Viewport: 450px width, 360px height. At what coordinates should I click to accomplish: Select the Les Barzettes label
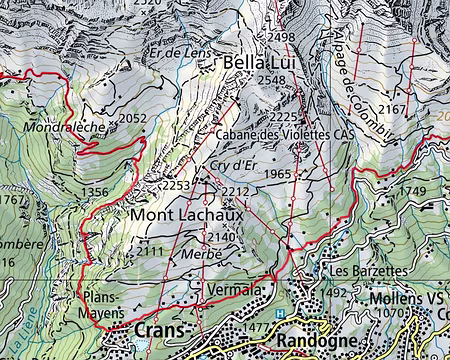(x=368, y=271)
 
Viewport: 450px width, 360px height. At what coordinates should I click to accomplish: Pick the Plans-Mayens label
(x=101, y=305)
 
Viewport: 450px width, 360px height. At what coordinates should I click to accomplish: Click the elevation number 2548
(x=271, y=81)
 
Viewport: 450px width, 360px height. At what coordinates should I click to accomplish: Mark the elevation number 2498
(x=282, y=37)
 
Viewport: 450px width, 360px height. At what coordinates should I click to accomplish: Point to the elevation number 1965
(x=277, y=174)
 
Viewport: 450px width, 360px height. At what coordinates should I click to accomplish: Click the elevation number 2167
(x=393, y=108)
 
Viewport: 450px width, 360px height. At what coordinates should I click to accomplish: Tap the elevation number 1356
(x=95, y=192)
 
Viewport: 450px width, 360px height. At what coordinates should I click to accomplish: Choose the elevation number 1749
(x=412, y=192)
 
